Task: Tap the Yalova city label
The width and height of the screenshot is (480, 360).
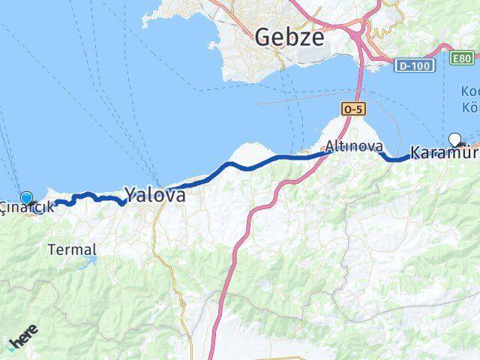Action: (x=155, y=196)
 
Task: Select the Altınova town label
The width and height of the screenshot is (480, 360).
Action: (x=355, y=146)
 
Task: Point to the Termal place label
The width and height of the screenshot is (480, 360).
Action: (x=72, y=250)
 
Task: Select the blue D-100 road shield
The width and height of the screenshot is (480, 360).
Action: (x=410, y=67)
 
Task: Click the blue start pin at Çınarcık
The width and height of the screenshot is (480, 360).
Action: (x=28, y=199)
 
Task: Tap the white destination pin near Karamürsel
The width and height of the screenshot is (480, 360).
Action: (x=454, y=139)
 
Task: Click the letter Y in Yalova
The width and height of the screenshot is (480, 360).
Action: (x=130, y=196)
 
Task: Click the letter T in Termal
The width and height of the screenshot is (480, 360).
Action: (x=52, y=250)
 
